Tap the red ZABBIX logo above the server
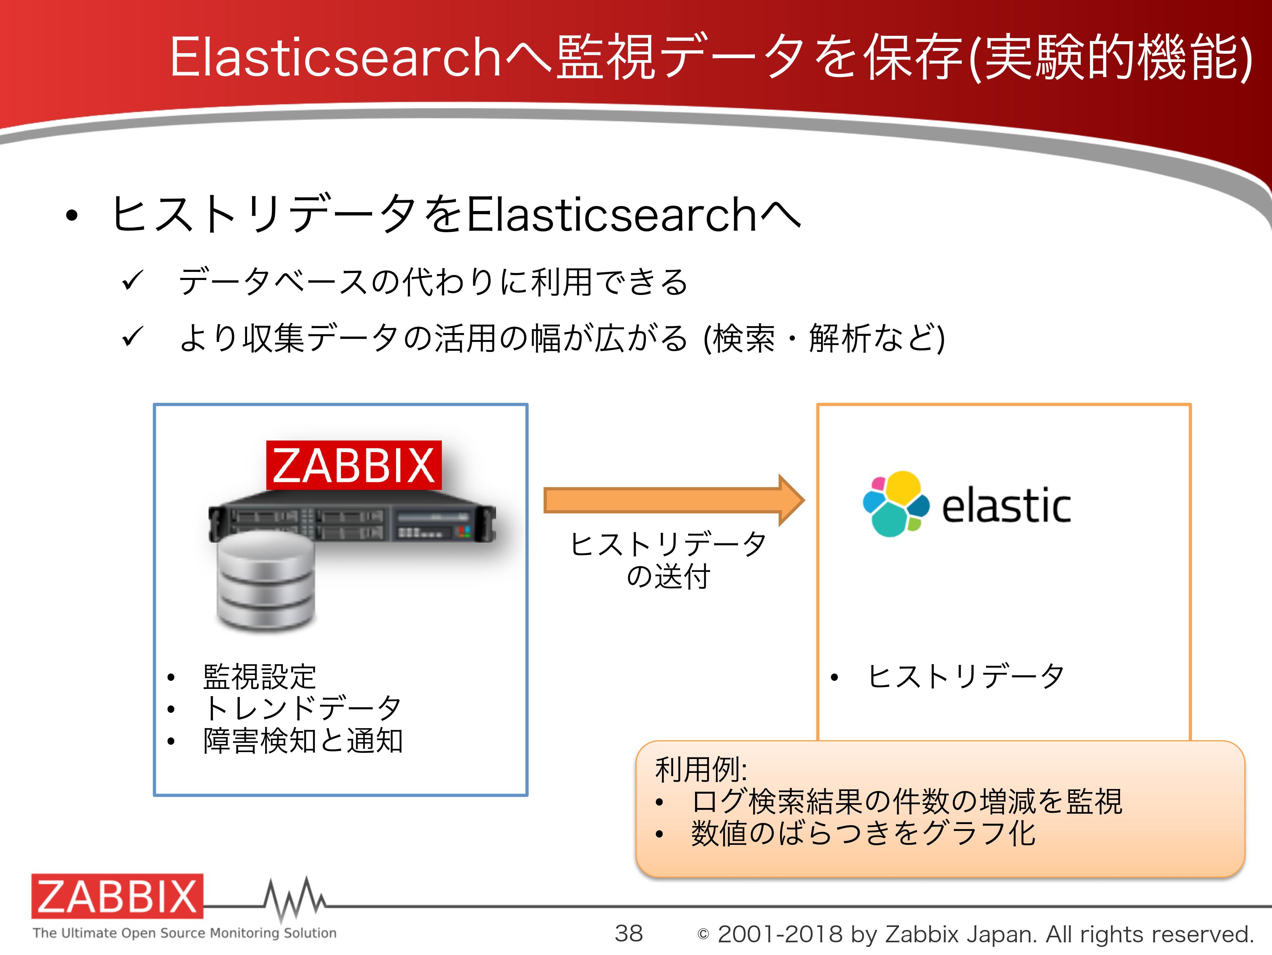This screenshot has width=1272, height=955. tap(354, 465)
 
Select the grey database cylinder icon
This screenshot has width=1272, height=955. tap(266, 581)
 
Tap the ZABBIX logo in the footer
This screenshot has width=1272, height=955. tap(117, 896)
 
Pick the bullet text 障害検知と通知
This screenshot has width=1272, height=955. tap(303, 741)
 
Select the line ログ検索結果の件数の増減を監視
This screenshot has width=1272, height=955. tap(907, 801)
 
